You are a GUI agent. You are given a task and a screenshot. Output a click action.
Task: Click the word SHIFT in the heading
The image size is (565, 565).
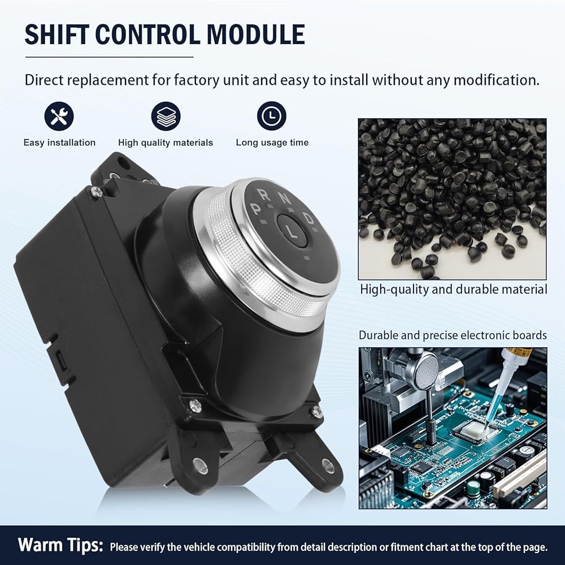(x=56, y=34)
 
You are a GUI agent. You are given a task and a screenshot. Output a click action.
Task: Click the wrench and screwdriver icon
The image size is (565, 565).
(x=59, y=116)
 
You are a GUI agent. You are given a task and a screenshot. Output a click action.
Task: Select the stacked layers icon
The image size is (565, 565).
(x=166, y=116)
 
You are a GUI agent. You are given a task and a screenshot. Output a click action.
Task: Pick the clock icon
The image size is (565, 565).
(x=272, y=116)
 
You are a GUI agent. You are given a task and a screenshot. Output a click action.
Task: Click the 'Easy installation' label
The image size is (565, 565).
(x=59, y=143)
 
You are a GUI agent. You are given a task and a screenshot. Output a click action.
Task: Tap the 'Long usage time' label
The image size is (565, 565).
(x=272, y=143)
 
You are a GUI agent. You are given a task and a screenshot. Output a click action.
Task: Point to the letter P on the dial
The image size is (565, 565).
(x=257, y=209)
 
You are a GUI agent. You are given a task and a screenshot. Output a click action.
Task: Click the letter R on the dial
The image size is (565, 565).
(x=266, y=195)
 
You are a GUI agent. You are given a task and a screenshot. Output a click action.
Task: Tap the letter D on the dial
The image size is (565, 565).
(x=308, y=218)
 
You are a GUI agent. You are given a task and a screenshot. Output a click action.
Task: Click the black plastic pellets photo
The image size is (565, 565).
(x=452, y=199)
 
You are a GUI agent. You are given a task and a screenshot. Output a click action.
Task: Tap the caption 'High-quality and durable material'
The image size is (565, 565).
(x=453, y=290)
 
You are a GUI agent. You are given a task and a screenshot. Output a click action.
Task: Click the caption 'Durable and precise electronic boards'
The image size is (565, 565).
(x=453, y=335)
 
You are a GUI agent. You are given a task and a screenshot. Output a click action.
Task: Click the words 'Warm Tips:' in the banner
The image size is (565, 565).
(x=60, y=545)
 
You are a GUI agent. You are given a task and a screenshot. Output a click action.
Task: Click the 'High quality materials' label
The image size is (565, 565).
(x=166, y=143)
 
